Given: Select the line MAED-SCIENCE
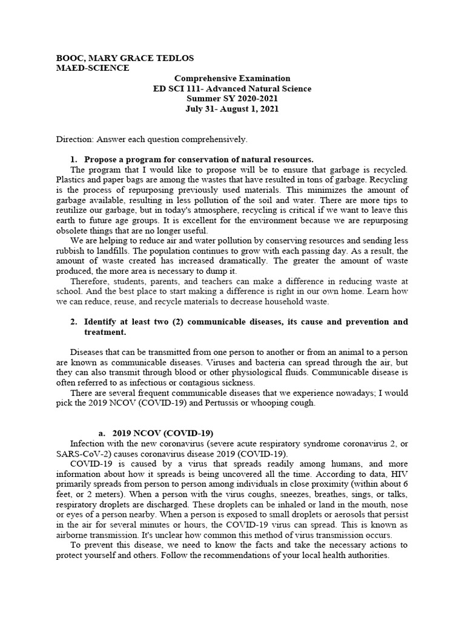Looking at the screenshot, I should pos(92,68).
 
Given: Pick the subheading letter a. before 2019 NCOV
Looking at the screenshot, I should pos(101,433).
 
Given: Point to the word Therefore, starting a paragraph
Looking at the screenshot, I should pos(91,281).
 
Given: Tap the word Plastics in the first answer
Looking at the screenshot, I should pos(70,180).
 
